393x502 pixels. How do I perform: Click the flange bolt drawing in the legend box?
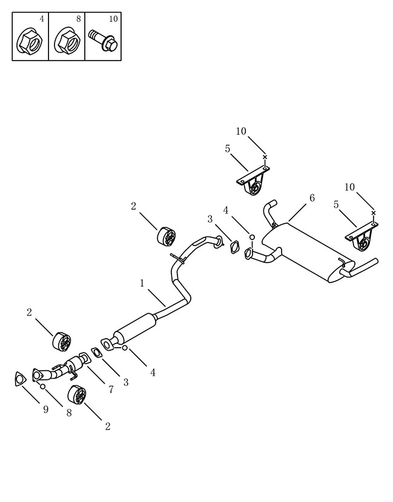(103, 41)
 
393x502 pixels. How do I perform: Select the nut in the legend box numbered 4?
(30, 41)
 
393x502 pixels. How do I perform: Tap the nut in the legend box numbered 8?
(67, 41)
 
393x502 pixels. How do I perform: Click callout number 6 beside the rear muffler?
(312, 198)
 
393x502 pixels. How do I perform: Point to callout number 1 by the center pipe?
(142, 283)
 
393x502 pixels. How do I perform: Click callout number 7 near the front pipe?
(111, 390)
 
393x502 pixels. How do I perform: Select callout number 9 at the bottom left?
(46, 409)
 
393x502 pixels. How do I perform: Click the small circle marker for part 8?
(42, 386)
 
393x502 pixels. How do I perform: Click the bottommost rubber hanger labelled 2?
(77, 394)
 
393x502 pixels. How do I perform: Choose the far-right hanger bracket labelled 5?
(362, 236)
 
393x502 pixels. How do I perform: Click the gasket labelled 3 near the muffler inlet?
(234, 247)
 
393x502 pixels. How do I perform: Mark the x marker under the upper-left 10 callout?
(265, 157)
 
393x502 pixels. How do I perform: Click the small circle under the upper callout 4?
(252, 237)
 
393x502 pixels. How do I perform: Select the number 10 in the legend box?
(113, 19)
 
